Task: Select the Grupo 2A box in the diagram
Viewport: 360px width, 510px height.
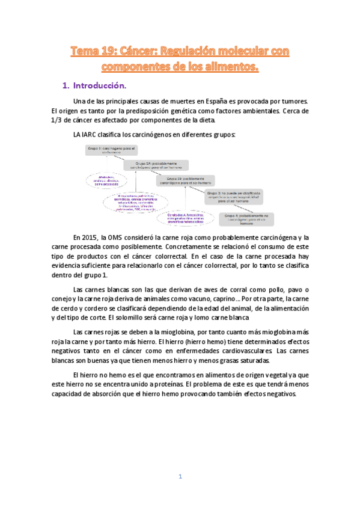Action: (156, 165)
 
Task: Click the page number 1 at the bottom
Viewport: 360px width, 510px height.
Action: (180, 476)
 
